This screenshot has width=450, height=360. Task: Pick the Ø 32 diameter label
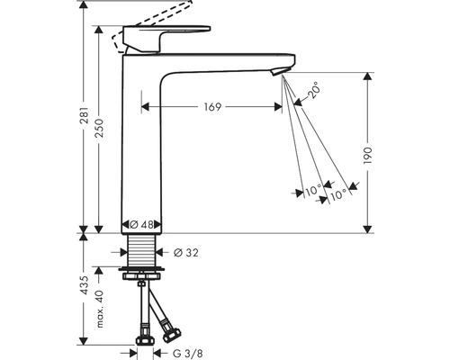(x=186, y=251)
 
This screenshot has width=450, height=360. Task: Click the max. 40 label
(x=101, y=304)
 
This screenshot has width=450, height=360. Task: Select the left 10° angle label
(x=311, y=190)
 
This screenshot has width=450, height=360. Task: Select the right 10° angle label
(x=337, y=193)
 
